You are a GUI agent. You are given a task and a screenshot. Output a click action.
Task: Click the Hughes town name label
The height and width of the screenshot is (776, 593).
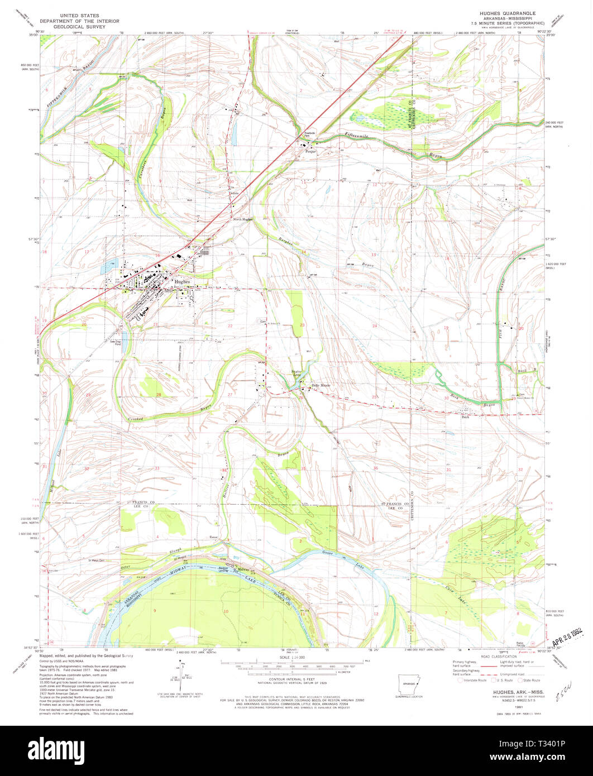coord(183,282)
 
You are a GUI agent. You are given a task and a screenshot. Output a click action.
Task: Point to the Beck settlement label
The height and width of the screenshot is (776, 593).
coord(465,416)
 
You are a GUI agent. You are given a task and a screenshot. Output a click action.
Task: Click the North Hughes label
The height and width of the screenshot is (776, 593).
coord(243,219)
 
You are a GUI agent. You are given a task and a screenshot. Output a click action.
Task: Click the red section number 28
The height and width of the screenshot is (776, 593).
coord(159,395)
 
